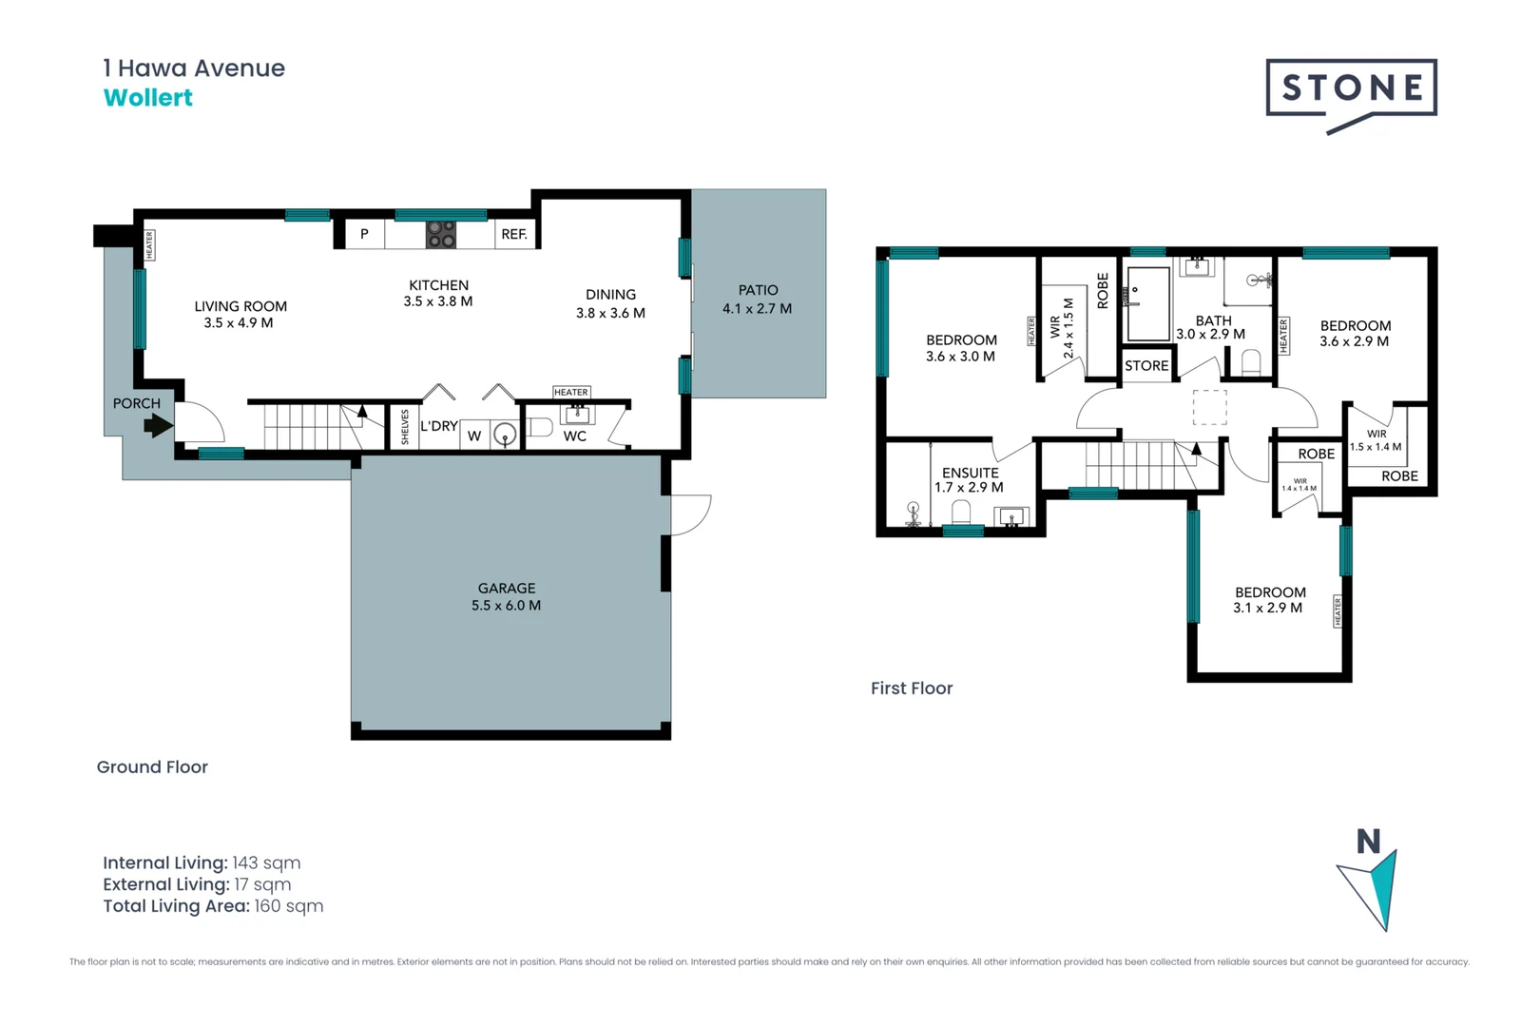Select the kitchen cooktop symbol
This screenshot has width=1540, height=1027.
point(440,234)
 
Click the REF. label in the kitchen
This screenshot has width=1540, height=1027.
point(514,234)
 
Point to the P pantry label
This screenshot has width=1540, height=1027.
point(364,234)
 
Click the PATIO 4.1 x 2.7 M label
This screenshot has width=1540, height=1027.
point(758,300)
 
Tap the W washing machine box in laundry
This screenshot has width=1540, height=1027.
point(474,436)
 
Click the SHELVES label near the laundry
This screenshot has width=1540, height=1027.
point(405,427)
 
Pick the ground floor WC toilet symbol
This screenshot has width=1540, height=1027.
point(539,426)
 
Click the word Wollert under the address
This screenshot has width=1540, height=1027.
point(147,98)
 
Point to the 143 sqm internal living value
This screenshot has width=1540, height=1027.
point(266,863)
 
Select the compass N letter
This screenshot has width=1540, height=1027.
point(1368,842)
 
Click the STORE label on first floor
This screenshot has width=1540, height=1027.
point(1146,366)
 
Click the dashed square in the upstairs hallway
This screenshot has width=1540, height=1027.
point(1210,407)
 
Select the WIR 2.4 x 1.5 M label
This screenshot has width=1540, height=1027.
point(1062,329)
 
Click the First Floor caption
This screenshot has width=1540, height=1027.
point(912,688)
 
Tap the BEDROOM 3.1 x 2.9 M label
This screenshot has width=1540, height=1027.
point(1269,600)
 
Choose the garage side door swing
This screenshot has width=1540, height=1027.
point(691,514)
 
